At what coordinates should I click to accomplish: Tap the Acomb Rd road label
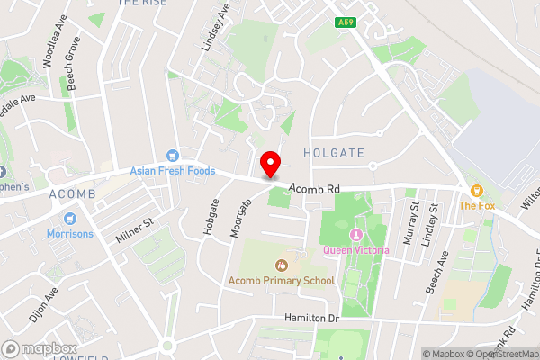click(314, 189)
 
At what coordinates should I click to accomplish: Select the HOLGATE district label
click(334, 153)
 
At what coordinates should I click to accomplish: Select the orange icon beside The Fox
click(478, 191)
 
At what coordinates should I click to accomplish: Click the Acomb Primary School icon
click(281, 265)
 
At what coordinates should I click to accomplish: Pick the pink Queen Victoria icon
click(331, 249)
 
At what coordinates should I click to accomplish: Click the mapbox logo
click(40, 348)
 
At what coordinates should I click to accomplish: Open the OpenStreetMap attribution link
click(503, 354)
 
